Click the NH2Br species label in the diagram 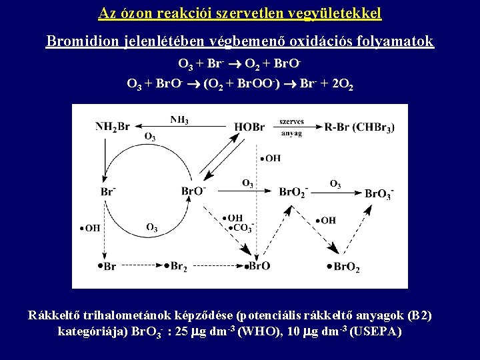pos(113,127)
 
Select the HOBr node pos(249,127)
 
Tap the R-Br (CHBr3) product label pos(359,127)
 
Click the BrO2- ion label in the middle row pos(293,192)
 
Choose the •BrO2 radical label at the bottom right pos(344,267)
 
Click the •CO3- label pos(240,228)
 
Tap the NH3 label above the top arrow pos(179,120)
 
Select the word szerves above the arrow pos(291,122)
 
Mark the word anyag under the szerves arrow pos(291,133)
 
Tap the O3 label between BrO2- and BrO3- pos(335,183)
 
